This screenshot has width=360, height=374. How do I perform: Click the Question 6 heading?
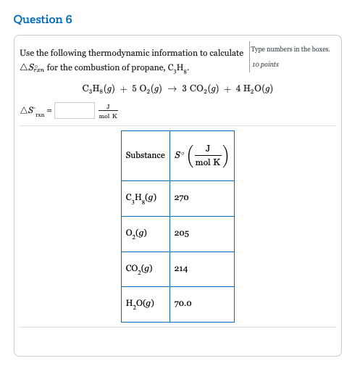point(43,20)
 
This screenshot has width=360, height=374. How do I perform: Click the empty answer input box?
point(74,110)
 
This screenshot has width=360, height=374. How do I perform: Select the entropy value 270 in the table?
point(181,198)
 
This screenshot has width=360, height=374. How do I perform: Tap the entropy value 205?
point(181,233)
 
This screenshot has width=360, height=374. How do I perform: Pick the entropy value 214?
point(181,269)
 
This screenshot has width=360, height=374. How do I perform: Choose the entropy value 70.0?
point(183,304)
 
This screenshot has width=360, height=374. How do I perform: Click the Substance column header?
point(145,155)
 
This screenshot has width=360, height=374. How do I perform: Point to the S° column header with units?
point(202,155)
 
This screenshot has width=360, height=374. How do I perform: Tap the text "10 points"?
point(266,65)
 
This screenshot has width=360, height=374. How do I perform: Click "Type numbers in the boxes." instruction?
point(290,49)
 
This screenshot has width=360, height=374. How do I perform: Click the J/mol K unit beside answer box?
point(109,110)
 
